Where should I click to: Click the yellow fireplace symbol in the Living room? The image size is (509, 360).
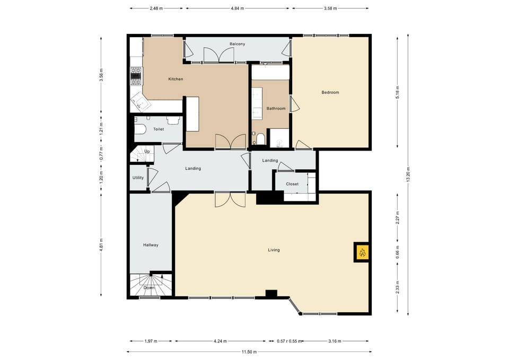click(362, 252)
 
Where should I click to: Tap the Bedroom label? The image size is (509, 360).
click(330, 92)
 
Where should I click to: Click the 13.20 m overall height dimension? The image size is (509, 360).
click(408, 174)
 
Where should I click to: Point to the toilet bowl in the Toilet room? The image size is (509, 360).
click(141, 129)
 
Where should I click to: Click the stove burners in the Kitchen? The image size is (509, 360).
click(136, 76)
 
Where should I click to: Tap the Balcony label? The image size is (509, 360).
click(237, 43)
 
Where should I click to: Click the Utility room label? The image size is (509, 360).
click(138, 178)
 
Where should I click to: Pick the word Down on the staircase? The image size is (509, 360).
click(149, 288)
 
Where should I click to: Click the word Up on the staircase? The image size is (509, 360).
click(147, 151)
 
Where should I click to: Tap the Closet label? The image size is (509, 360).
click(292, 184)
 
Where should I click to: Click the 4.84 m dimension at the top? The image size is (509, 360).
click(237, 8)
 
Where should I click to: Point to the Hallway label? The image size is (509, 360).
click(151, 245)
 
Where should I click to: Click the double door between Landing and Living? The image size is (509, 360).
click(230, 199)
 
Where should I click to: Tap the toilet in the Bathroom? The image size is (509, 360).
click(260, 139)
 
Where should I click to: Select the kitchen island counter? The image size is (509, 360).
click(192, 113)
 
